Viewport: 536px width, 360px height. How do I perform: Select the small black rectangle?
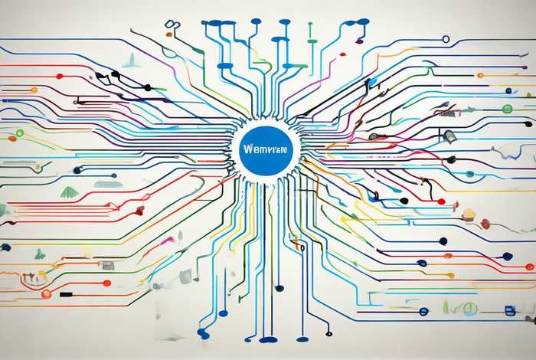(67, 293)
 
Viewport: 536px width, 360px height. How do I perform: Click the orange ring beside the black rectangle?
(47, 293)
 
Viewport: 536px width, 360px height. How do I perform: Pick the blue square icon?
(507, 309)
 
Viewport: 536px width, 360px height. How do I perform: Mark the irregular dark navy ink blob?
(6, 247)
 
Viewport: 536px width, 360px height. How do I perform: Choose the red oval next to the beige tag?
(485, 224)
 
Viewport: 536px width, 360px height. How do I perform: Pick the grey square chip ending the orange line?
(108, 265)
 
